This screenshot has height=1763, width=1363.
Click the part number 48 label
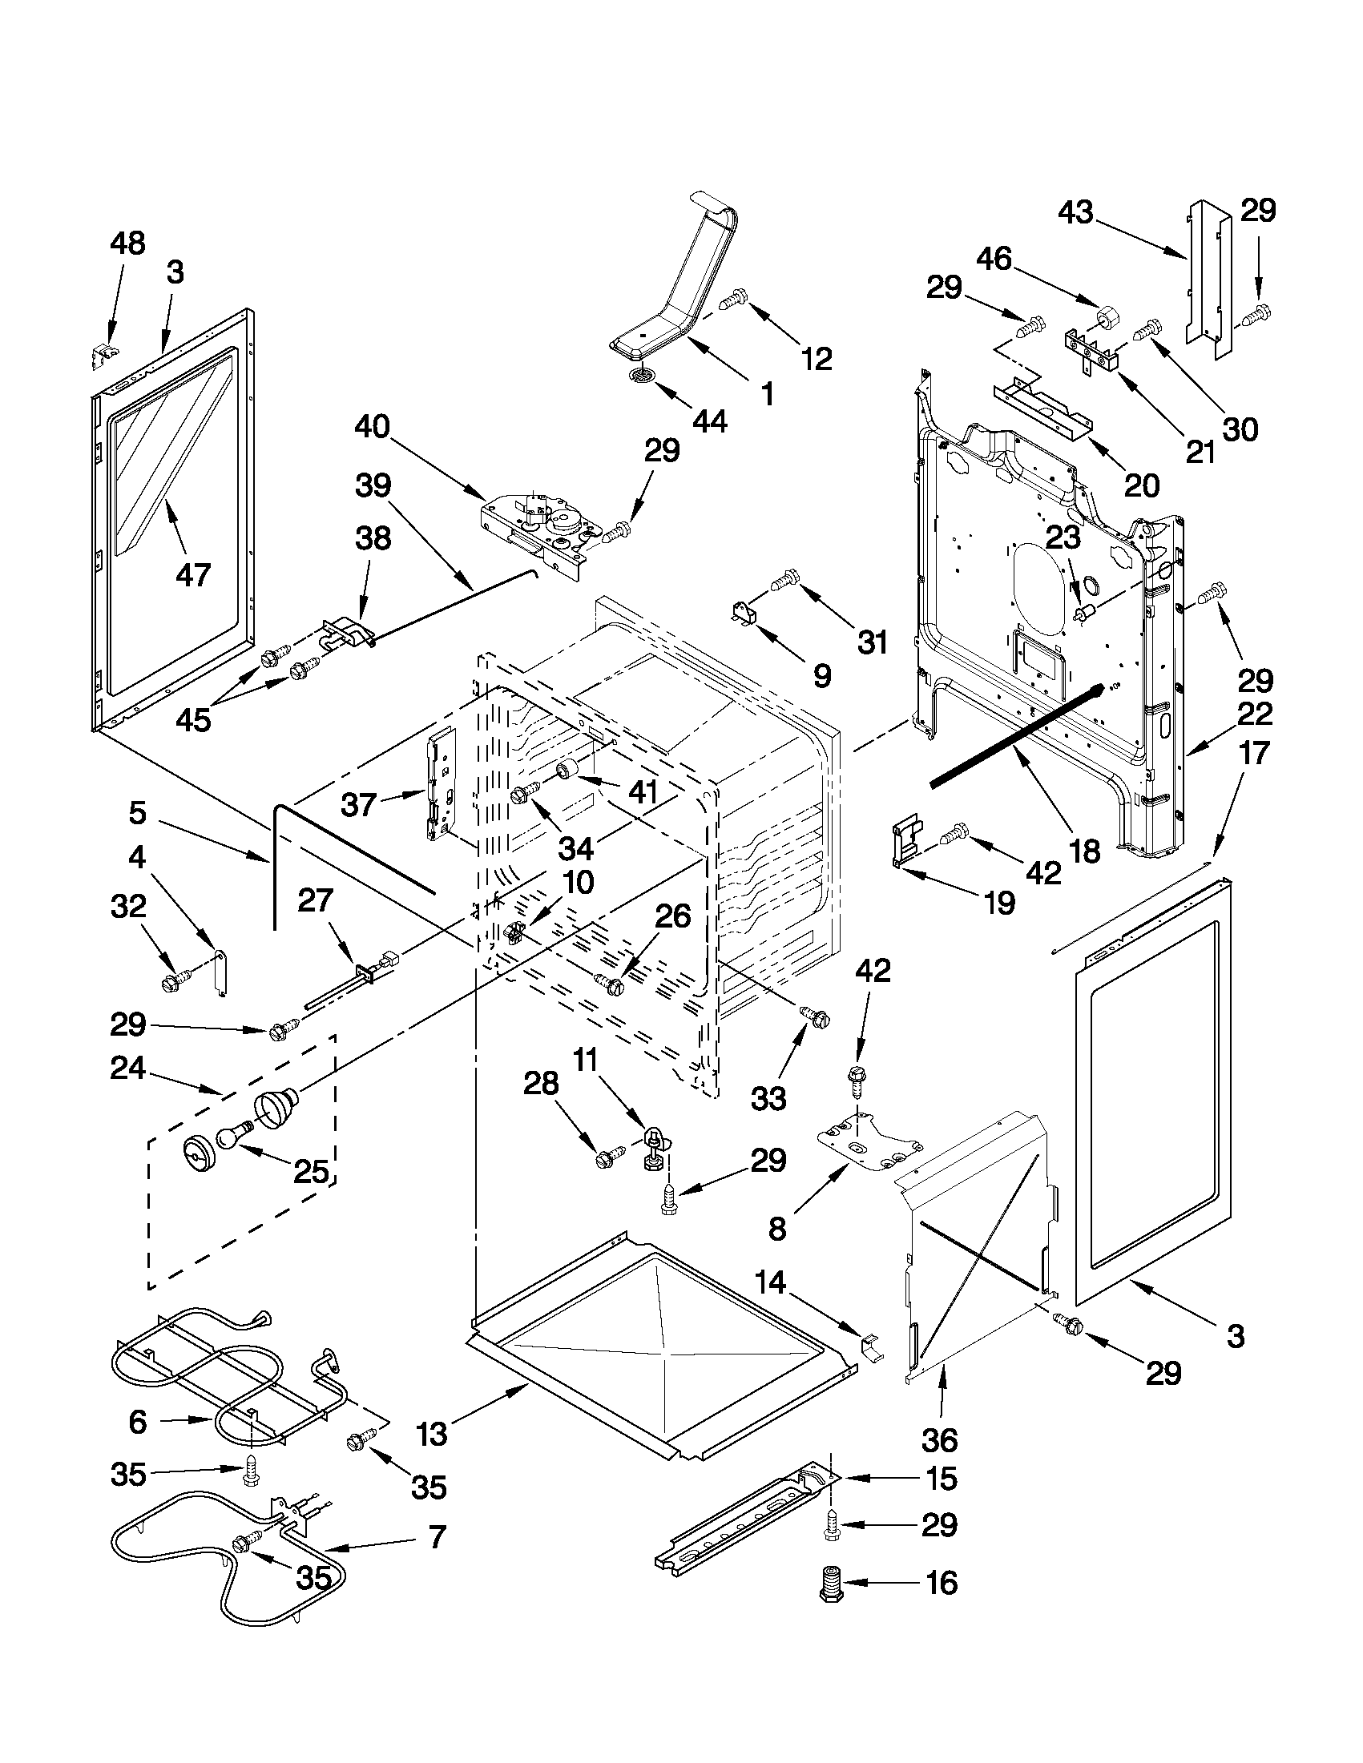point(127,243)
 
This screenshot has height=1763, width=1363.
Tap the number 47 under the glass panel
point(192,575)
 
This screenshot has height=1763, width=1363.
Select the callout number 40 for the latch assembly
point(372,426)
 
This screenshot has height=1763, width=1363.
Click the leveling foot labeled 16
point(829,1584)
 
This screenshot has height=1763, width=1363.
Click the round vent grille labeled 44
point(643,375)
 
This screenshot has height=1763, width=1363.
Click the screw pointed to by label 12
point(732,302)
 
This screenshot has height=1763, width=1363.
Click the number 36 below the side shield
point(938,1439)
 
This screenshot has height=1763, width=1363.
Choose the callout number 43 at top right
point(1075,212)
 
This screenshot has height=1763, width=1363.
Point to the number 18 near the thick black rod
point(1085,851)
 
